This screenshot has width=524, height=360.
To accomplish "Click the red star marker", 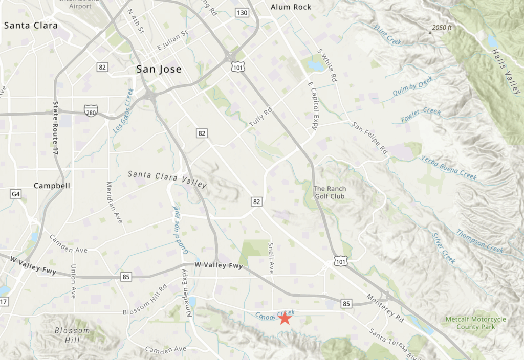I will tap(285, 318).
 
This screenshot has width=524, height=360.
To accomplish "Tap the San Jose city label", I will tap(159, 69).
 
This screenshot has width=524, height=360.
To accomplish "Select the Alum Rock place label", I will tap(290, 7).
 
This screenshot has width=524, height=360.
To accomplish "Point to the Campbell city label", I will tap(52, 186).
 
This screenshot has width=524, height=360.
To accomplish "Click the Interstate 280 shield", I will tap(91, 110).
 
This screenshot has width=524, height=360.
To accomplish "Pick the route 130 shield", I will tap(242, 12).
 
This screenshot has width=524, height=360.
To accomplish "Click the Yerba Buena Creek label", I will tap(449, 167).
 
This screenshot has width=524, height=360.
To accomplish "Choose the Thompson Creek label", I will tap(479, 241).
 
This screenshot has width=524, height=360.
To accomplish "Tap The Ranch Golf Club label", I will tap(330, 192).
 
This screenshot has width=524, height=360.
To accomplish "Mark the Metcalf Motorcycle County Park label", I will tap(475, 323).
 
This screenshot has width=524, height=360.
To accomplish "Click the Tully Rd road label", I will tap(260, 118).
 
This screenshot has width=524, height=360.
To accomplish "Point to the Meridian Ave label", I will tap(115, 202).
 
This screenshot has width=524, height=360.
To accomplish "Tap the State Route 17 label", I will tap(56, 128).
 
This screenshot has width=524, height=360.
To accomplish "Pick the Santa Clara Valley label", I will tap(167, 179).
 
